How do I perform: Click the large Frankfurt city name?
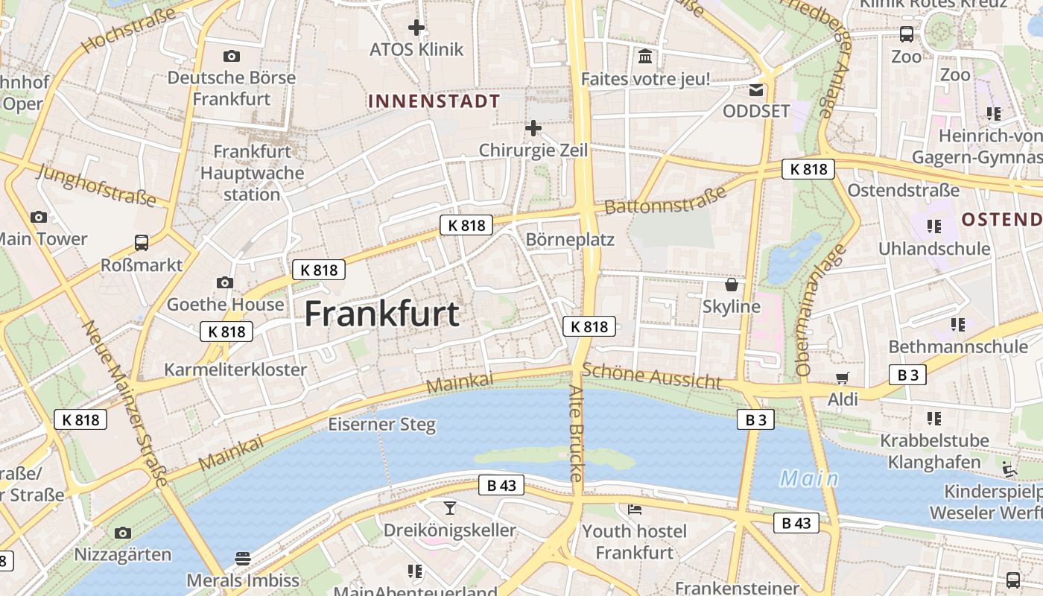(381, 314)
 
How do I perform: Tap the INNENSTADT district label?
(434, 101)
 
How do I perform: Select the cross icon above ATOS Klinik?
(416, 28)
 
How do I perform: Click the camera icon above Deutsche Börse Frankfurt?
(231, 56)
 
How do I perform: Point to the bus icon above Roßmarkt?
(142, 242)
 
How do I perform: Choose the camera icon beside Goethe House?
(224, 282)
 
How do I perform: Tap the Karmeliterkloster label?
(235, 370)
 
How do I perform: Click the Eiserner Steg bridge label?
(382, 425)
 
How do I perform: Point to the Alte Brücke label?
(577, 432)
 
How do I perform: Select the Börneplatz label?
(570, 239)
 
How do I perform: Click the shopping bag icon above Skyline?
(732, 285)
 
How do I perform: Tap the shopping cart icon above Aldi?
(843, 378)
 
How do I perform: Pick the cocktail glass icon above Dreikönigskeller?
(450, 508)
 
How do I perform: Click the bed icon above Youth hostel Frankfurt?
(634, 510)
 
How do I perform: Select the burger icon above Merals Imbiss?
(242, 558)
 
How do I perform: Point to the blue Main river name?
(809, 478)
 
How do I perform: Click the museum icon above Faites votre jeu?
(645, 57)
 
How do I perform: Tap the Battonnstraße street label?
(665, 200)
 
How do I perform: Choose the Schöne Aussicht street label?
(652, 375)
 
